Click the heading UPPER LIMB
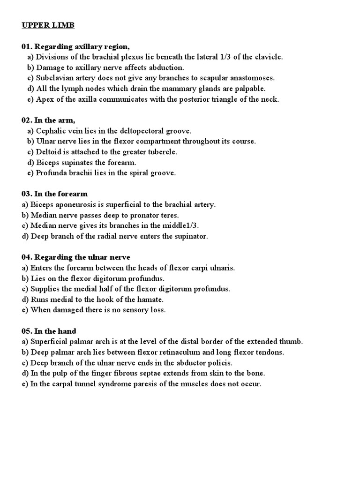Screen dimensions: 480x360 [48, 25]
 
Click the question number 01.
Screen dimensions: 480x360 [27, 46]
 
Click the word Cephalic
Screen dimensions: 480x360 [51, 131]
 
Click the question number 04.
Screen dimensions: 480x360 [27, 257]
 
